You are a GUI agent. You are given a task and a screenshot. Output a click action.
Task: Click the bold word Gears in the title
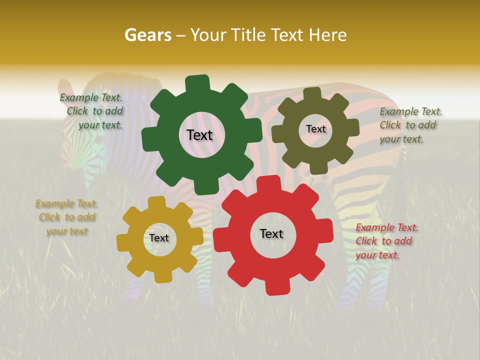point(147,35)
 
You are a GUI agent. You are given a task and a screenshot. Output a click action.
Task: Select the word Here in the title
point(327,35)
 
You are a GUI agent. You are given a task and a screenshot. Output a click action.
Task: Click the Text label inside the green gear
point(199,135)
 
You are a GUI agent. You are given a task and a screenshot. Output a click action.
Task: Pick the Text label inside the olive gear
point(315,129)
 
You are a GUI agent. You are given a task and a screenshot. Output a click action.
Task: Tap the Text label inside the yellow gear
point(159,238)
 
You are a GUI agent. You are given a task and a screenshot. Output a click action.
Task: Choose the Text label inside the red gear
point(271,233)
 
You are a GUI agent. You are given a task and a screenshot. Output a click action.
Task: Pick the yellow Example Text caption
point(67,217)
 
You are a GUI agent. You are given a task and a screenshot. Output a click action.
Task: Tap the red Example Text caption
point(386,241)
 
